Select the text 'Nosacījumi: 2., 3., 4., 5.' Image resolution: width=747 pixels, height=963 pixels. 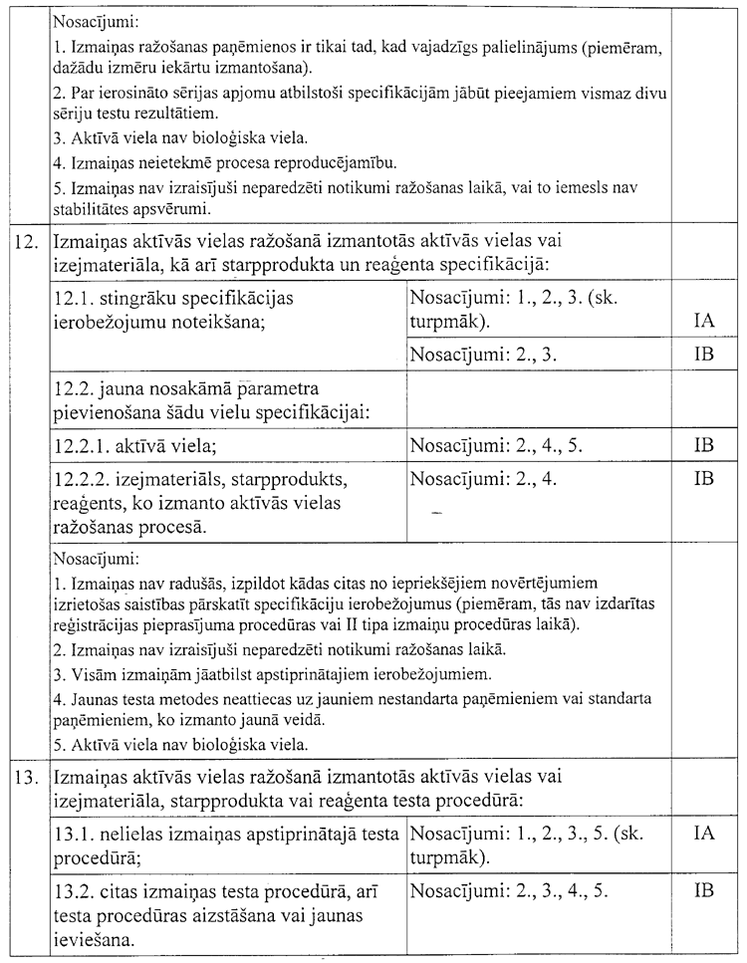(509, 890)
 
